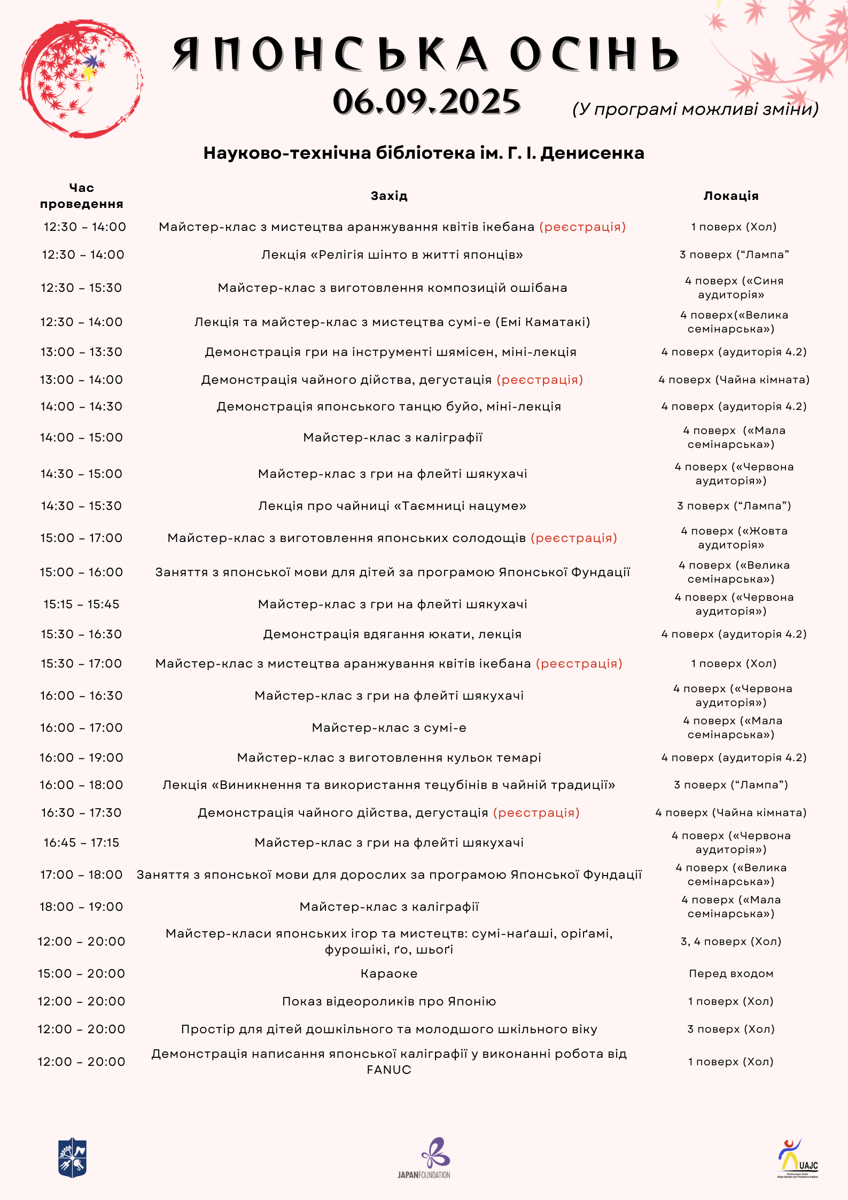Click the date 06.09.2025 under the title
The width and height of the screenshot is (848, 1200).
point(426,102)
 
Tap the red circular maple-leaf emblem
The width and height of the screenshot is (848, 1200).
point(81,79)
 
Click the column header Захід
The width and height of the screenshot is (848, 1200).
point(389,196)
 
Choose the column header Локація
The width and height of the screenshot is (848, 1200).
point(731,196)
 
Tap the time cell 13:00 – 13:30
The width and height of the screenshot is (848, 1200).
point(81,352)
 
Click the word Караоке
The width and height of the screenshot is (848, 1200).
point(389,973)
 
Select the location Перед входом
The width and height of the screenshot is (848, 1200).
point(731,973)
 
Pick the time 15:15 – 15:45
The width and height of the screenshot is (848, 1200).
point(81,604)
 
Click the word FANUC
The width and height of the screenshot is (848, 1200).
point(389,1070)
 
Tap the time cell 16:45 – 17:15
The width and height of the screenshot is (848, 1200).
point(81,842)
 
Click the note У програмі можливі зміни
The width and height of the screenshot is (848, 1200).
point(695,109)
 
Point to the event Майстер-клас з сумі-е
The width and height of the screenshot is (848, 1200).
point(389,727)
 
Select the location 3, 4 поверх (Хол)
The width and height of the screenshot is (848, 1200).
point(731,941)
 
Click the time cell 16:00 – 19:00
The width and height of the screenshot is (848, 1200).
point(81,757)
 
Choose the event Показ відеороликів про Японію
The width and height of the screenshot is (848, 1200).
point(389,1001)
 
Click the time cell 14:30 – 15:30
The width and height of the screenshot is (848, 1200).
point(81,506)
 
